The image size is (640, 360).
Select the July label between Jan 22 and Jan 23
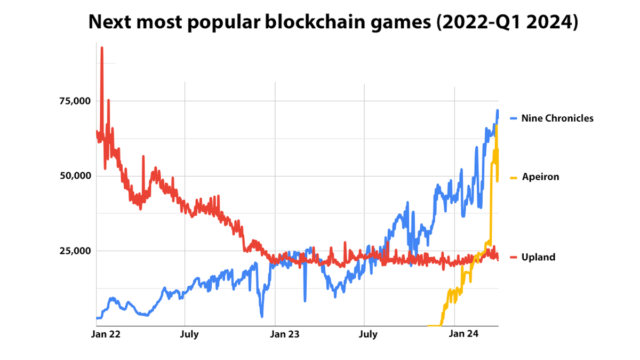pyautogui.click(x=189, y=334)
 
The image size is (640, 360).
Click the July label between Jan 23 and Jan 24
pyautogui.click(x=368, y=334)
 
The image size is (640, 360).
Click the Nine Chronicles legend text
pyautogui.click(x=557, y=118)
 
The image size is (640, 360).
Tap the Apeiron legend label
pyautogui.click(x=540, y=177)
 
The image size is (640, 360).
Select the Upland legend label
pyautogui.click(x=538, y=257)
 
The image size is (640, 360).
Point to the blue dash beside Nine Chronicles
pyautogui.click(x=514, y=118)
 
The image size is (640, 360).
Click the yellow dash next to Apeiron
pyautogui.click(x=514, y=177)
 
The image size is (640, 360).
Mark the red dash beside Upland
pyautogui.click(x=514, y=257)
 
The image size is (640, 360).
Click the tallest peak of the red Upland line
pyautogui.click(x=102, y=48)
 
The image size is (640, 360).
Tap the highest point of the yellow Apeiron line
pyautogui.click(x=497, y=126)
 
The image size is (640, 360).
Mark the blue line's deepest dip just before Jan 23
pyautogui.click(x=262, y=316)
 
